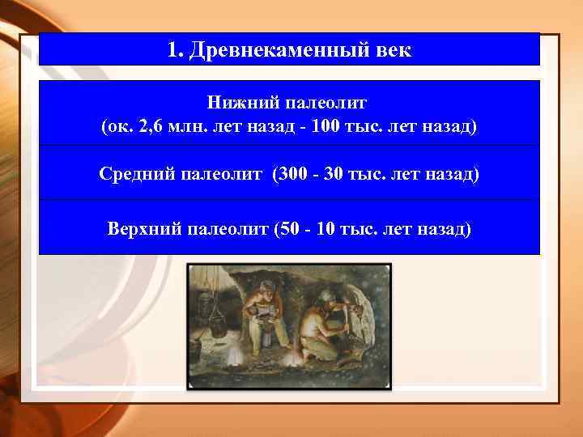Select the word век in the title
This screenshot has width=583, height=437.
[x=393, y=50]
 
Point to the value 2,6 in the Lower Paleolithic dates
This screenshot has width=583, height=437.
[x=151, y=127]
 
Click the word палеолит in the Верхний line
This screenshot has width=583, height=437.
[x=228, y=227]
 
